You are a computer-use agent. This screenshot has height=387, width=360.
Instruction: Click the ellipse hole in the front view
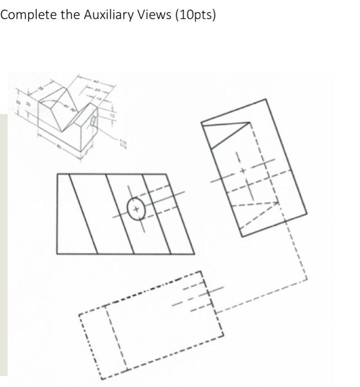coord(135,209)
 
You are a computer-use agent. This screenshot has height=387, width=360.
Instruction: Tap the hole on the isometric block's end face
coord(93,120)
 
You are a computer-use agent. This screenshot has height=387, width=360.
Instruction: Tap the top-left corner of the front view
coord(56,174)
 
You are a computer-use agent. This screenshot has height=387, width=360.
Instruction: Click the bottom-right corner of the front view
coord(194,254)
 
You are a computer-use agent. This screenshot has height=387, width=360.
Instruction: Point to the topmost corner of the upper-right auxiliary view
coord(266,99)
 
